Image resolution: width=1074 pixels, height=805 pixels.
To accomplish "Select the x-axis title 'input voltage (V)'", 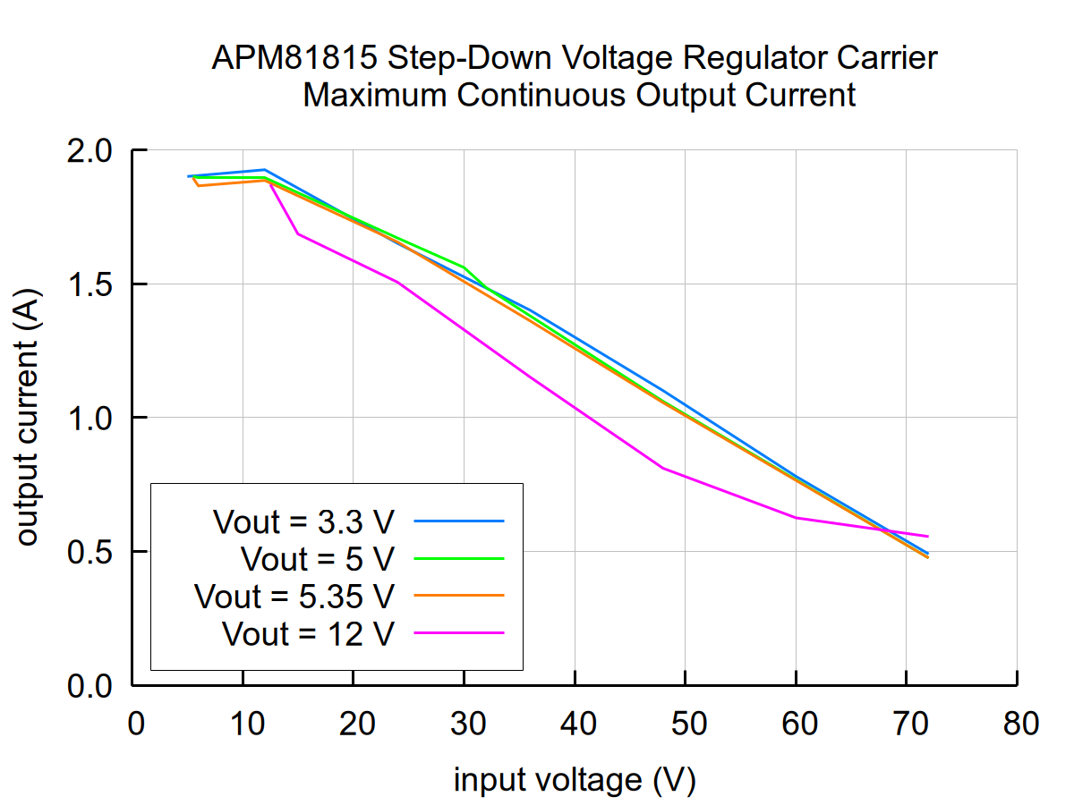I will [x=575, y=780].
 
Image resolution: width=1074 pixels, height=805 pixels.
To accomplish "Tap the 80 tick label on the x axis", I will [x=1018, y=723].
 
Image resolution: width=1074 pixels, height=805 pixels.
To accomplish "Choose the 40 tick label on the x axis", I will [x=575, y=723].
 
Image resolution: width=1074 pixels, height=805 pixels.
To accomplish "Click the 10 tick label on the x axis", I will [x=243, y=723].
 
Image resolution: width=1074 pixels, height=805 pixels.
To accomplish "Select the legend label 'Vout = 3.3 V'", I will [x=303, y=521].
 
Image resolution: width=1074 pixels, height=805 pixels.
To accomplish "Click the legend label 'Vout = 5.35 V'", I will [x=294, y=595].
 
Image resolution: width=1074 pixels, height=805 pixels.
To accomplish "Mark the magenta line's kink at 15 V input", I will [x=298, y=233].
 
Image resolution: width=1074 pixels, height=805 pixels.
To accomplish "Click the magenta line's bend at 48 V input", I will [x=663, y=468].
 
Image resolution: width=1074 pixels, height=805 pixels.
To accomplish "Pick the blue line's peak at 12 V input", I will [x=265, y=169].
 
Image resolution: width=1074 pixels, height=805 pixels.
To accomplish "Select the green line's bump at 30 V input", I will [x=464, y=267].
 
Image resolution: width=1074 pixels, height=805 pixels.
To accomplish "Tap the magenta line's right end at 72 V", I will [x=928, y=537].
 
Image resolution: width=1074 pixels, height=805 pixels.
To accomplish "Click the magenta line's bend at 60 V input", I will [x=796, y=517].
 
